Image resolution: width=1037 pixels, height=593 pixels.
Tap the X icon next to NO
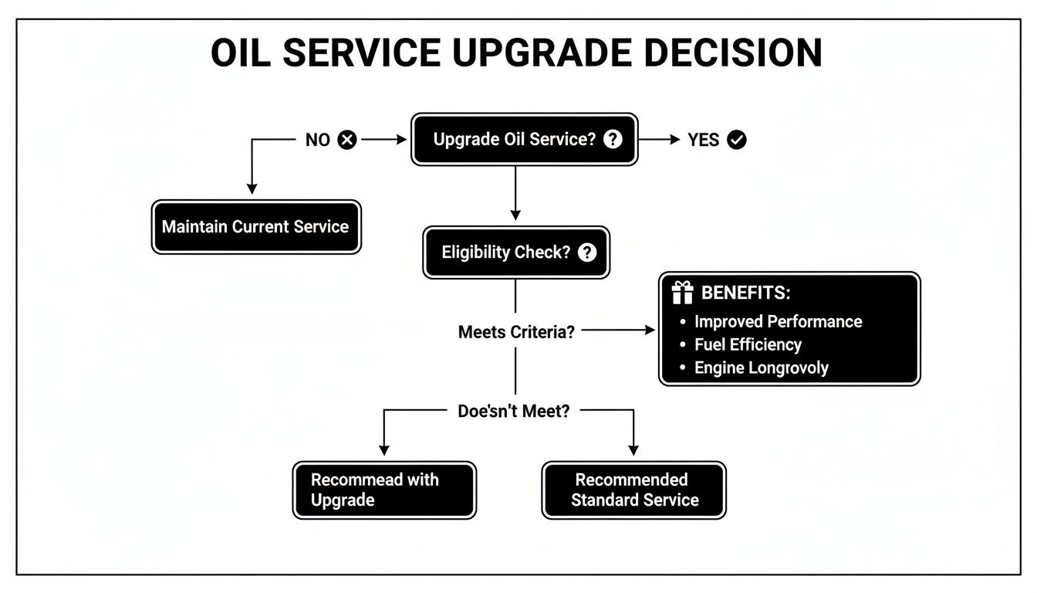[x=347, y=140]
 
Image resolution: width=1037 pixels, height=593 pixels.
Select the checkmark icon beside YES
[x=737, y=140]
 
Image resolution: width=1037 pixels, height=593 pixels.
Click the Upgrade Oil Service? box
[x=525, y=140]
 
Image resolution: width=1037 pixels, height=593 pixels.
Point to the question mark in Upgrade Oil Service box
[x=613, y=139]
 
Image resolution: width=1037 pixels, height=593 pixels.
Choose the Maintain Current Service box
[x=256, y=227]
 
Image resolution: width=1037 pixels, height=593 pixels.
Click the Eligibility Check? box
[x=516, y=252]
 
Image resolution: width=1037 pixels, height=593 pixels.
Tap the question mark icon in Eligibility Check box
[x=587, y=252]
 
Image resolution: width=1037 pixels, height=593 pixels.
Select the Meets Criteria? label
[x=516, y=332]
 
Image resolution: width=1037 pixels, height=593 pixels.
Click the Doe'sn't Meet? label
[x=514, y=412]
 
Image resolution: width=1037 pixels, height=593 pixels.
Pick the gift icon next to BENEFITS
[x=682, y=293]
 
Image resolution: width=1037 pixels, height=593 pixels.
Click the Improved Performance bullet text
[x=778, y=321]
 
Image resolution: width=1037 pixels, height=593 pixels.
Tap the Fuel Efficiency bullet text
[x=748, y=344]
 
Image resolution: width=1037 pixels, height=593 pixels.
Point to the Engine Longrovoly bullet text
[x=761, y=368]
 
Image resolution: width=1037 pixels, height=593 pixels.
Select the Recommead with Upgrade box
[x=384, y=490]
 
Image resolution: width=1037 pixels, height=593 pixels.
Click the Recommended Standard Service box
[x=634, y=490]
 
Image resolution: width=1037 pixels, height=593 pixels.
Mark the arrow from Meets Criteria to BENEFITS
[x=617, y=330]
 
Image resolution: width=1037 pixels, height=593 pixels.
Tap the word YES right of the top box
[x=703, y=140]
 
